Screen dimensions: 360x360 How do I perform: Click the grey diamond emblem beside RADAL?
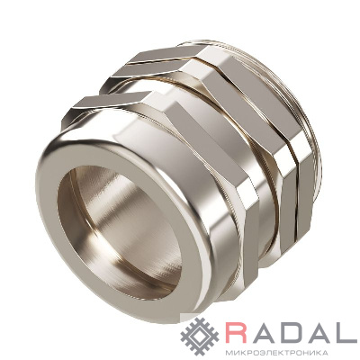(x=200, y=337)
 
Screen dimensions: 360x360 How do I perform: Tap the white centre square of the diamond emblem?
(x=200, y=337)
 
